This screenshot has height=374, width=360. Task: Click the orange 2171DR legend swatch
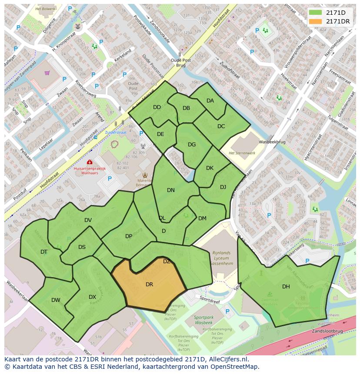tap(316, 21)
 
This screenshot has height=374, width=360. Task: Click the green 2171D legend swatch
tap(316, 13)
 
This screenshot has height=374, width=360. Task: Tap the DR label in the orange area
tap(149, 285)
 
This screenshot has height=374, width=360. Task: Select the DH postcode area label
tap(286, 286)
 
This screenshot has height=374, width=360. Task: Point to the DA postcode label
tap(210, 101)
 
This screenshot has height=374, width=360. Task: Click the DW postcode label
tap(56, 300)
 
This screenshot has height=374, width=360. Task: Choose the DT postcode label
tap(44, 252)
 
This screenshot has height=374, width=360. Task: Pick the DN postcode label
tap(171, 190)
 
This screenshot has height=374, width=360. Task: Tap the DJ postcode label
tap(223, 187)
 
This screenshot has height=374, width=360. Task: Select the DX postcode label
tap(92, 297)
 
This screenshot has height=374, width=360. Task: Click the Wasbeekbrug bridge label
tap(272, 142)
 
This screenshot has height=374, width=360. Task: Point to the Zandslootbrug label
tap(327, 331)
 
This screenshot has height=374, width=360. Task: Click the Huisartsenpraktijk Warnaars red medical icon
tap(89, 162)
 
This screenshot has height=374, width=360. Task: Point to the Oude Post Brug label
tap(181, 63)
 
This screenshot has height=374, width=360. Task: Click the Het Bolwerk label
tap(45, 8)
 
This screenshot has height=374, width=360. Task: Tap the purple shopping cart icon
tap(47, 73)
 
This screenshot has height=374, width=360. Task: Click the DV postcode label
tap(88, 220)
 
